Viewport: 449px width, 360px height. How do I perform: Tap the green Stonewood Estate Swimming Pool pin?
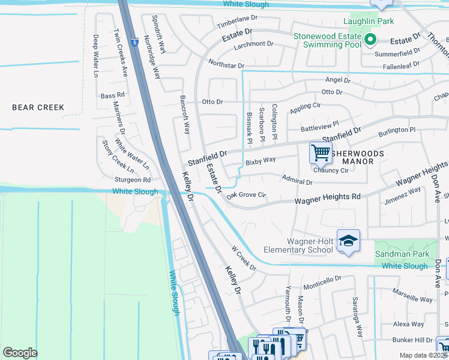tap(370, 40)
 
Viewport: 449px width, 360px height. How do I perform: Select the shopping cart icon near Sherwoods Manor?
tap(321, 152)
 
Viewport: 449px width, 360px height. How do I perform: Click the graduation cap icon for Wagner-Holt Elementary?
tap(348, 241)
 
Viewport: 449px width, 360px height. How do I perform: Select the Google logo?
tap(20, 352)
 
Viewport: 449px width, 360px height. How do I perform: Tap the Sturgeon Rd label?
tap(133, 179)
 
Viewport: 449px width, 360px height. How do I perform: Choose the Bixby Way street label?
tap(260, 161)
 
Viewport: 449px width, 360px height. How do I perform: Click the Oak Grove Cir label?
tap(246, 194)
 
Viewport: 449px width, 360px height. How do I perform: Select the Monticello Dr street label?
tap(322, 280)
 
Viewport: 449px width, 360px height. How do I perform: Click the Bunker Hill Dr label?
tap(412, 340)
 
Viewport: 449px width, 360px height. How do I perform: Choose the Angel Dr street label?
tap(337, 80)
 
